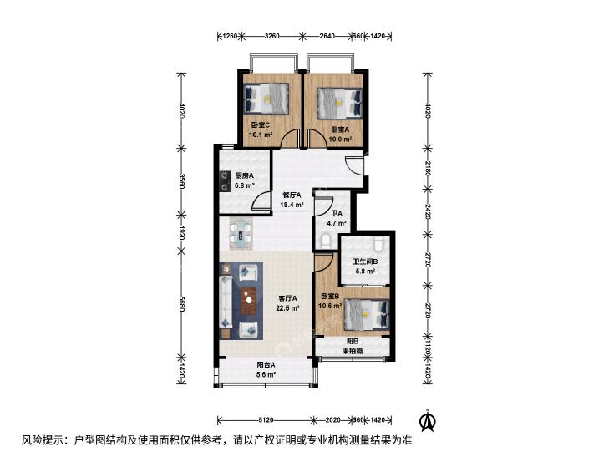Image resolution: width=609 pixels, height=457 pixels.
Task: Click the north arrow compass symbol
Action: point(429,420)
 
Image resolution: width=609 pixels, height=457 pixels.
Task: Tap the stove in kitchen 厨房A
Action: point(224,182)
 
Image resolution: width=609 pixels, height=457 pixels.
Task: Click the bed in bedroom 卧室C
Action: point(266,99)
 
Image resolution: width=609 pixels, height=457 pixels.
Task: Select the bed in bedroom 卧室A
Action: point(340,104)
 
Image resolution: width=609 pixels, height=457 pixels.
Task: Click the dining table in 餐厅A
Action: point(241,235)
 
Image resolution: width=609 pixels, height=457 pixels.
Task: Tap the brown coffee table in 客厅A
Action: point(249,301)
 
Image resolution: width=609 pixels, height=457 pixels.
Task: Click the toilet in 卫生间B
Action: point(378,244)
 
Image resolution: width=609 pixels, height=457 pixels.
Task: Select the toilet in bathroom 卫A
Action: point(326,241)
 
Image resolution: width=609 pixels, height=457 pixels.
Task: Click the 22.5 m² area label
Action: point(287,308)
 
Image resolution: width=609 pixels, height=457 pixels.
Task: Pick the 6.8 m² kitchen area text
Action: point(244,185)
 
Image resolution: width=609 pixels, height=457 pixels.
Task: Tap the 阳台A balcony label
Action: point(266,364)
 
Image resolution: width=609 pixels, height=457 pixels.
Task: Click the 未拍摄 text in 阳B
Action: point(353,351)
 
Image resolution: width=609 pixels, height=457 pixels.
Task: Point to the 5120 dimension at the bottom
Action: point(266,420)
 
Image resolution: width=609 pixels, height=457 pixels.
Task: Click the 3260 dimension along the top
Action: point(272,36)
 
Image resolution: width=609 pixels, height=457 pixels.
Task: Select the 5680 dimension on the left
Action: point(181,304)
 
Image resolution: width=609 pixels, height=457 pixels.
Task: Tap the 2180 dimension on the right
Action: point(428,169)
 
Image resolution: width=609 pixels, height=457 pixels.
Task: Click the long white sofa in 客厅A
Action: point(226,301)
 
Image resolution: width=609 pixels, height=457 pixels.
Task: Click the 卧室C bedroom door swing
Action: point(289,139)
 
